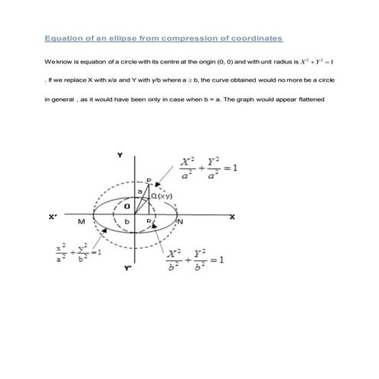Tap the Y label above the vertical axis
(x=119, y=155)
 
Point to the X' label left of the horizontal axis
(x=52, y=217)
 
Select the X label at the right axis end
(x=232, y=217)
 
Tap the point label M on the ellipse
(x=81, y=222)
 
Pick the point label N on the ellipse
(x=181, y=222)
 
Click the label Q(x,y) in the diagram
(x=162, y=197)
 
